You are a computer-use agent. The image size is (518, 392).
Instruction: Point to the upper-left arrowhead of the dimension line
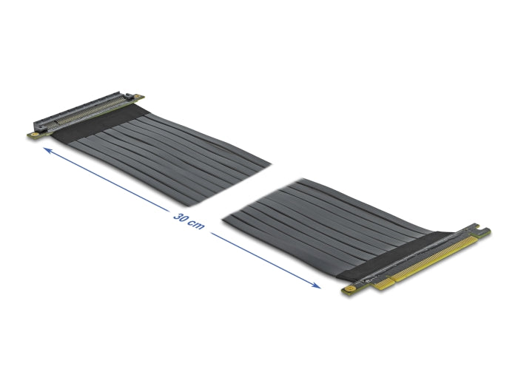point(47,150)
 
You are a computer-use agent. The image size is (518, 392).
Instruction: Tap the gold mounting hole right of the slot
point(137,96)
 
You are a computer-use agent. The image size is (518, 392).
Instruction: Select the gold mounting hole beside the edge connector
point(346,291)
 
